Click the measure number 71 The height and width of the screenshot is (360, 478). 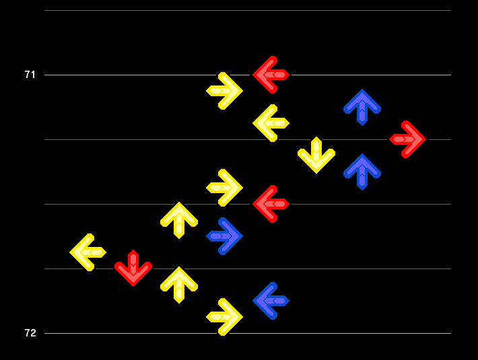point(30,75)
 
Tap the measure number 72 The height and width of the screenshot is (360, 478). point(30,333)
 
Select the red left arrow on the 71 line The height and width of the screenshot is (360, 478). point(271,75)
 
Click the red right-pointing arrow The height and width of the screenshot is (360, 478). point(407,139)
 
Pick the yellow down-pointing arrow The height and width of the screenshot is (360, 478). point(316,155)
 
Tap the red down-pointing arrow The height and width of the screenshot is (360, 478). point(133,268)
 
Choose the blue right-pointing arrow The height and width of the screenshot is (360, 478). point(224,236)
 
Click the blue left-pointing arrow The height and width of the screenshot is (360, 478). point(271,301)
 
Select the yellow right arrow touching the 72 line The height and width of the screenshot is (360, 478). point(224,317)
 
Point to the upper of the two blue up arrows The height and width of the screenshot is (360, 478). point(362,107)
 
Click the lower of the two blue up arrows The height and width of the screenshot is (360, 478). point(362,172)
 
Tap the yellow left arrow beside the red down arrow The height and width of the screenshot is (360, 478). point(88,252)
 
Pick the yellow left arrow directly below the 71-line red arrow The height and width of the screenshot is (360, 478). point(271,123)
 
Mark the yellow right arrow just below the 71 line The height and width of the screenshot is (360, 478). point(224,91)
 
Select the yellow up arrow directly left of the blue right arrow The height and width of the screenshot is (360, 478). point(179,220)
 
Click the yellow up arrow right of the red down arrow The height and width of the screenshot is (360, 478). point(179,285)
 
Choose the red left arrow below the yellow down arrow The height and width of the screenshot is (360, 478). point(271,204)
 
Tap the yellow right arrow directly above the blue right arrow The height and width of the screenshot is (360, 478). point(224,188)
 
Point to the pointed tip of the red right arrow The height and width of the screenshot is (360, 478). point(425,139)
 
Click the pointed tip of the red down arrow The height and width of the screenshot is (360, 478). point(133,286)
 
